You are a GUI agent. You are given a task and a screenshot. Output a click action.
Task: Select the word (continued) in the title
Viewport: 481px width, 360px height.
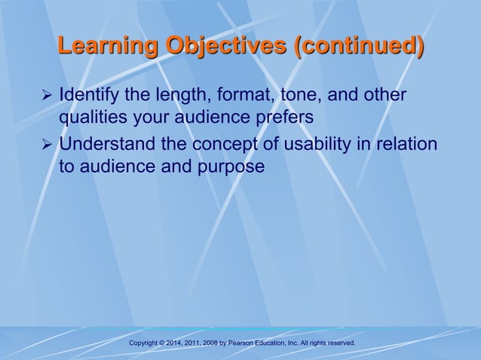[x=360, y=47]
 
